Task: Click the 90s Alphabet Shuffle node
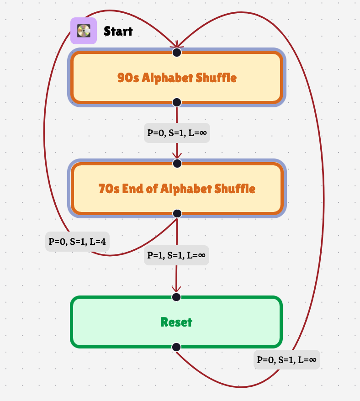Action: click(x=176, y=77)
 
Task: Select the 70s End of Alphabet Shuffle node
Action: click(x=176, y=189)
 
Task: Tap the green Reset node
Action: click(x=176, y=322)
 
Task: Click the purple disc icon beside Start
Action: click(x=84, y=31)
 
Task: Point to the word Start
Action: click(x=118, y=31)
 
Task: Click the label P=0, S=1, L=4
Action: click(x=77, y=241)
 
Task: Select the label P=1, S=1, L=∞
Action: click(x=176, y=255)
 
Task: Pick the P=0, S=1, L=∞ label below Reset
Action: click(x=287, y=359)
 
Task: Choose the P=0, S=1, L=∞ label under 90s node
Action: click(x=177, y=133)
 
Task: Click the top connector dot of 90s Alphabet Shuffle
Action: click(x=177, y=53)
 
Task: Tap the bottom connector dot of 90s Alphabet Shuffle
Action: click(x=177, y=102)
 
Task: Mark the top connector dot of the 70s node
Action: click(x=177, y=164)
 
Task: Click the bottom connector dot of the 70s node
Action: click(x=177, y=213)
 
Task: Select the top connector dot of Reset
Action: click(x=177, y=297)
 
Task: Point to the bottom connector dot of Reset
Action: click(x=177, y=347)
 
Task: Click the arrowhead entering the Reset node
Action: click(x=176, y=289)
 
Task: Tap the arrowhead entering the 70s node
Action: click(x=177, y=156)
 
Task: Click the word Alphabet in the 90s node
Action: click(x=167, y=78)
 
